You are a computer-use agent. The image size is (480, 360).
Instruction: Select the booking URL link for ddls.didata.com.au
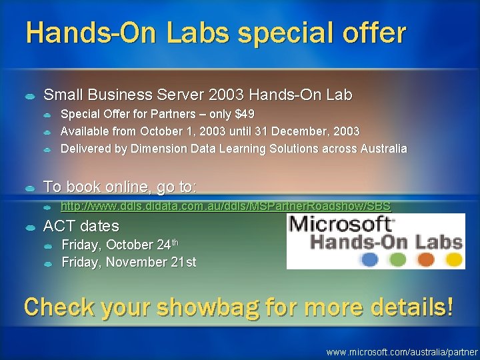tap(226, 207)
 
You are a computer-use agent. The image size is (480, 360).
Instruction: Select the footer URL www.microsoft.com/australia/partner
tap(402, 351)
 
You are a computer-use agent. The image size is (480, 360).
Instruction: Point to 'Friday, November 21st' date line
tap(129, 262)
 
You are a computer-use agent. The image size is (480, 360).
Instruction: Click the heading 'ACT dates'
tap(81, 226)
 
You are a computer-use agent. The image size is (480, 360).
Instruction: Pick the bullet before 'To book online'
tap(31, 186)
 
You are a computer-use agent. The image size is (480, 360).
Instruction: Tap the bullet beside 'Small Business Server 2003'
tap(31, 96)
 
